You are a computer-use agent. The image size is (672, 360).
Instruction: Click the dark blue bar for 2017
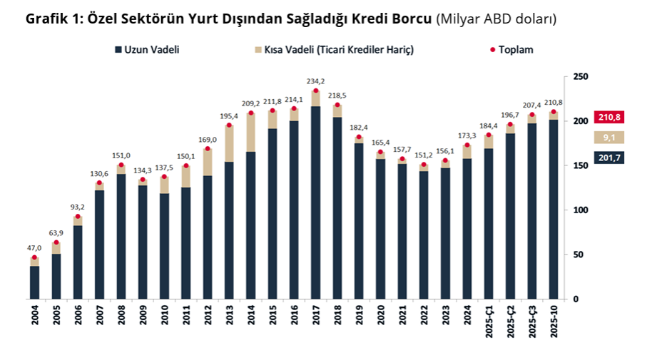(x=315, y=203)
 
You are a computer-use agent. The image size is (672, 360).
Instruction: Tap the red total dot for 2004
(x=34, y=257)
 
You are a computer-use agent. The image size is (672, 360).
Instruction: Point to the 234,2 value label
(x=315, y=81)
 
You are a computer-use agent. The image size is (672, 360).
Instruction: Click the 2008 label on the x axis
(x=121, y=314)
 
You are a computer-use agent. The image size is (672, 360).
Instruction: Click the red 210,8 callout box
(x=609, y=118)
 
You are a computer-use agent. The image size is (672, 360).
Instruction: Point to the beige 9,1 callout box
(x=609, y=138)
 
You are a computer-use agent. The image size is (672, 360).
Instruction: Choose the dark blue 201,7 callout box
(x=609, y=157)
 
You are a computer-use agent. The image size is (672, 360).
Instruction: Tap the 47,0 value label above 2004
(x=34, y=248)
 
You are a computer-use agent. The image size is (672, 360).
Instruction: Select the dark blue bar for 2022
(x=424, y=235)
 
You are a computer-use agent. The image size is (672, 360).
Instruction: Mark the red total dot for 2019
(x=359, y=137)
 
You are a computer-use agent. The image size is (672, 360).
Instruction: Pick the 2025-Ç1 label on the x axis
(x=489, y=322)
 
